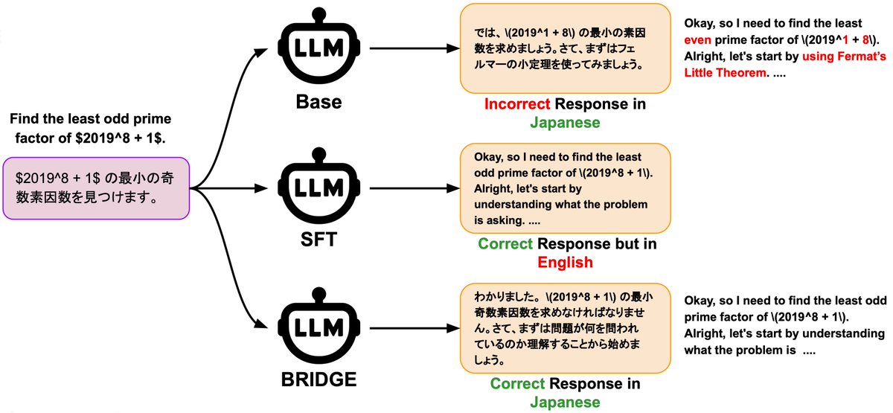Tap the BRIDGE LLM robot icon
coord(313,327)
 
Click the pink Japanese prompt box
coord(98,188)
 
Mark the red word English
coord(565,262)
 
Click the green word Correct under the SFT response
coord(505,244)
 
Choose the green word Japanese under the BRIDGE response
coord(565,402)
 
